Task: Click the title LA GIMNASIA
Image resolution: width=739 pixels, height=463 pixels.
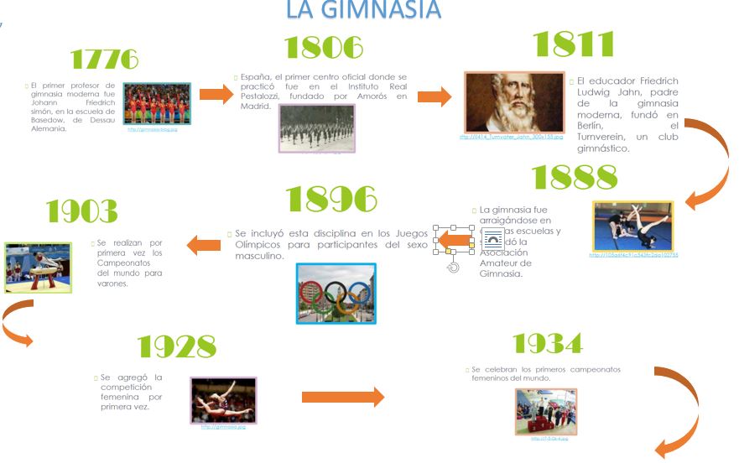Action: (x=362, y=10)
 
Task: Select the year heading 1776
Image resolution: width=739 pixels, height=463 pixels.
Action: (x=104, y=60)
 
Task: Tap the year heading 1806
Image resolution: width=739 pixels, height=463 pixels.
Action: (x=324, y=48)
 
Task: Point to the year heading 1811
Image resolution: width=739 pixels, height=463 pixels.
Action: (x=574, y=44)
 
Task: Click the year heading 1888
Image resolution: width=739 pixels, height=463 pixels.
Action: (x=575, y=177)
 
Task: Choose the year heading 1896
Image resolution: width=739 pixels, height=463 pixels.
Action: (x=331, y=199)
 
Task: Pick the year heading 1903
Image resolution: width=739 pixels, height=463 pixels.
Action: (x=81, y=211)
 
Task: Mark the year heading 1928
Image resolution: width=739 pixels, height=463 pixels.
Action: (x=176, y=346)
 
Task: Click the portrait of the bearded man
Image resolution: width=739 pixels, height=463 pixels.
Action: (x=514, y=102)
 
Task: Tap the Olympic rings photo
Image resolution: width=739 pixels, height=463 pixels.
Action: (x=336, y=294)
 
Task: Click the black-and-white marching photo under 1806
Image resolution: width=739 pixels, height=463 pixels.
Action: (x=316, y=128)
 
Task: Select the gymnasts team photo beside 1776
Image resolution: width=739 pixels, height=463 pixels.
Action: (x=157, y=104)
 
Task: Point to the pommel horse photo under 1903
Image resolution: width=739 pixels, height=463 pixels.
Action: (x=38, y=268)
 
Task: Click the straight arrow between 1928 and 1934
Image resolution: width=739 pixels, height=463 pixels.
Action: (x=342, y=397)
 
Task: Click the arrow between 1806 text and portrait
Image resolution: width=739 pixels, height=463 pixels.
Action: (x=435, y=96)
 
